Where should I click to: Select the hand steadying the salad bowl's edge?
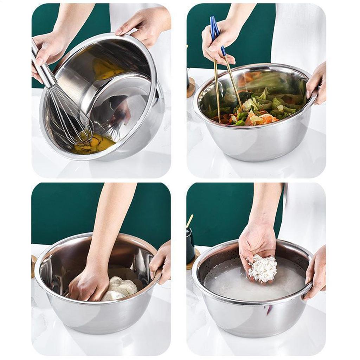[x=316, y=84]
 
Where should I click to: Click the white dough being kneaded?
[x=121, y=287]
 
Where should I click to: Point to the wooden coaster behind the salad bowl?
[x=191, y=88]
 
